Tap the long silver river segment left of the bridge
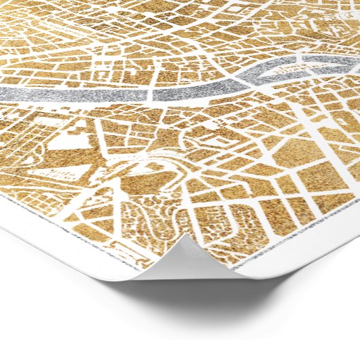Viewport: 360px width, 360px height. [x=75, y=94]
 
